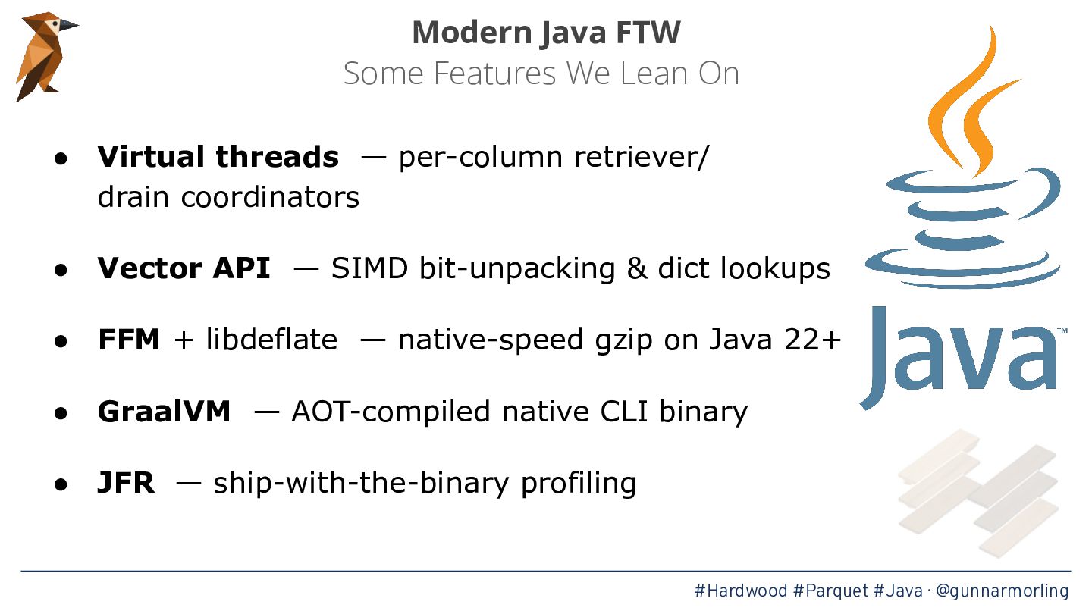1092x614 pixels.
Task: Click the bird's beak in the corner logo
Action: (x=68, y=25)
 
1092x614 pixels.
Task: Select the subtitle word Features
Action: (x=494, y=74)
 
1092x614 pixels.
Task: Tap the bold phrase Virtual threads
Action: (x=218, y=157)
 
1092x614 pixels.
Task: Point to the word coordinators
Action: (x=270, y=197)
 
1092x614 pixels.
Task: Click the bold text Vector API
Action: (x=184, y=268)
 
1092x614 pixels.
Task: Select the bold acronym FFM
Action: (x=129, y=339)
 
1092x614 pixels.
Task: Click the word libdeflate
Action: (x=271, y=339)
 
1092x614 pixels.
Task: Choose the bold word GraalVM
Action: (x=164, y=412)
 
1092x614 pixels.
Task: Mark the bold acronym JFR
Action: (x=126, y=483)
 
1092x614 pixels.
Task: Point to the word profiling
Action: (x=579, y=484)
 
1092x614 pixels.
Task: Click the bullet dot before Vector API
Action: (x=61, y=270)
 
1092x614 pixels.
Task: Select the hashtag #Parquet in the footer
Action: (x=830, y=591)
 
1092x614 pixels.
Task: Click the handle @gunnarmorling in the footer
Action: (x=1003, y=591)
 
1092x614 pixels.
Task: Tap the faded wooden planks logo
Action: (x=978, y=493)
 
